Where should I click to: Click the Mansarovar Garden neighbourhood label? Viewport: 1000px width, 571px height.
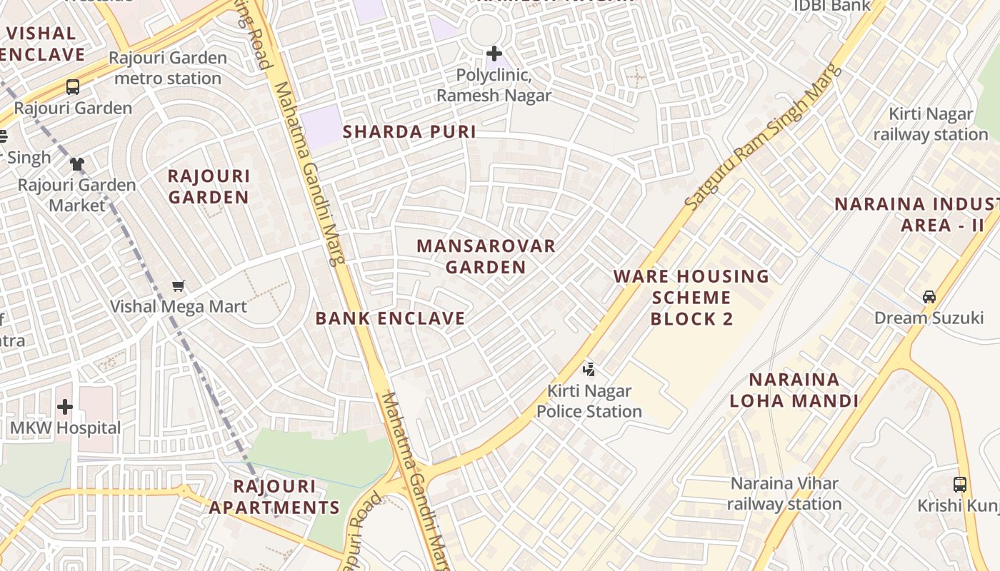pyautogui.click(x=486, y=256)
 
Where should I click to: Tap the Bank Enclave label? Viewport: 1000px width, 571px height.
pyautogui.click(x=390, y=318)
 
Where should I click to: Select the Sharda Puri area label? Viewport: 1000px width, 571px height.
pyautogui.click(x=409, y=132)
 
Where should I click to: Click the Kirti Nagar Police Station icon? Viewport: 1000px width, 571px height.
pyautogui.click(x=589, y=369)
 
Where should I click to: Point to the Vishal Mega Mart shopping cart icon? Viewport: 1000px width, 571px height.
pyautogui.click(x=179, y=285)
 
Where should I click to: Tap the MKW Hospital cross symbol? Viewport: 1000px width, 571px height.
pyautogui.click(x=65, y=407)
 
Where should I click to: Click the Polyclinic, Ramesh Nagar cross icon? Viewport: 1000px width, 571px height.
pyautogui.click(x=494, y=54)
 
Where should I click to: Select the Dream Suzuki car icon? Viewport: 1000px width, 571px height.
pyautogui.click(x=929, y=296)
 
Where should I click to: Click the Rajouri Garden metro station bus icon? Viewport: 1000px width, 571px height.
pyautogui.click(x=73, y=87)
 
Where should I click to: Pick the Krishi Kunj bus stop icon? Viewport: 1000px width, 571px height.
pyautogui.click(x=960, y=484)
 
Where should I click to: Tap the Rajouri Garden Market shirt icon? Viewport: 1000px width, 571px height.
pyautogui.click(x=77, y=163)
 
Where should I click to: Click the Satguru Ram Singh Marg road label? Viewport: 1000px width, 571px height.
pyautogui.click(x=763, y=138)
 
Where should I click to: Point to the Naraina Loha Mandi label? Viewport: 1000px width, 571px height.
pyautogui.click(x=794, y=390)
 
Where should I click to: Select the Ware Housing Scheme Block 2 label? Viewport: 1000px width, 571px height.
pyautogui.click(x=691, y=297)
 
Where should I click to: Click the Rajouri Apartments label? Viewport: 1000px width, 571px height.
pyautogui.click(x=274, y=497)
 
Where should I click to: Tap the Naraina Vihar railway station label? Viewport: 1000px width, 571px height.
pyautogui.click(x=784, y=493)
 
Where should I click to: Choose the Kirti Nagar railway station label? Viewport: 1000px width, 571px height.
pyautogui.click(x=930, y=124)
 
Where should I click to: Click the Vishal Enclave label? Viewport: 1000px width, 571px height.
pyautogui.click(x=43, y=44)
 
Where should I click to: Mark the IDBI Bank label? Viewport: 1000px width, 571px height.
pyautogui.click(x=832, y=6)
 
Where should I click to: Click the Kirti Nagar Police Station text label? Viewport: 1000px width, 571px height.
pyautogui.click(x=589, y=401)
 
